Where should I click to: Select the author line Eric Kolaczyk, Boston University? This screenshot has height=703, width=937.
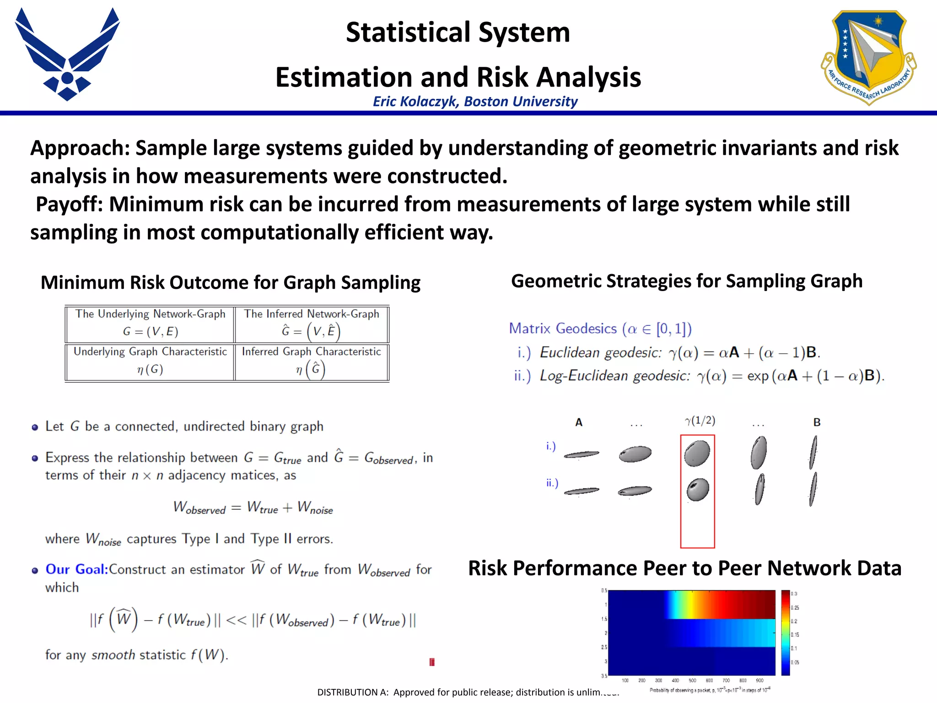475,101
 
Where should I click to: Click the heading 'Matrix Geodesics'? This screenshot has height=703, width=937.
563,329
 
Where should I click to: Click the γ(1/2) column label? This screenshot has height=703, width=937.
700,421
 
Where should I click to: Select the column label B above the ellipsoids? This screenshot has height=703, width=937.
817,422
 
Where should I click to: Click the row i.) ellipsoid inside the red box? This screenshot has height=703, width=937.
697,453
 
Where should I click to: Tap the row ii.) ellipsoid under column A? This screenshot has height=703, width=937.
581,491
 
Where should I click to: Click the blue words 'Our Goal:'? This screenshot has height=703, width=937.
77,569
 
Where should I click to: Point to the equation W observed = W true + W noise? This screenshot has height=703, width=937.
253,508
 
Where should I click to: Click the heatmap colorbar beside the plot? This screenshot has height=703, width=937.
786,633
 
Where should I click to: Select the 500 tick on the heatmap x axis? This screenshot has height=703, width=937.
692,681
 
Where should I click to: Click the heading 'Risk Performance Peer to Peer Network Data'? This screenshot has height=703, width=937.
684,568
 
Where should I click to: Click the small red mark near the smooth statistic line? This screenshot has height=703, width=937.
432,662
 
